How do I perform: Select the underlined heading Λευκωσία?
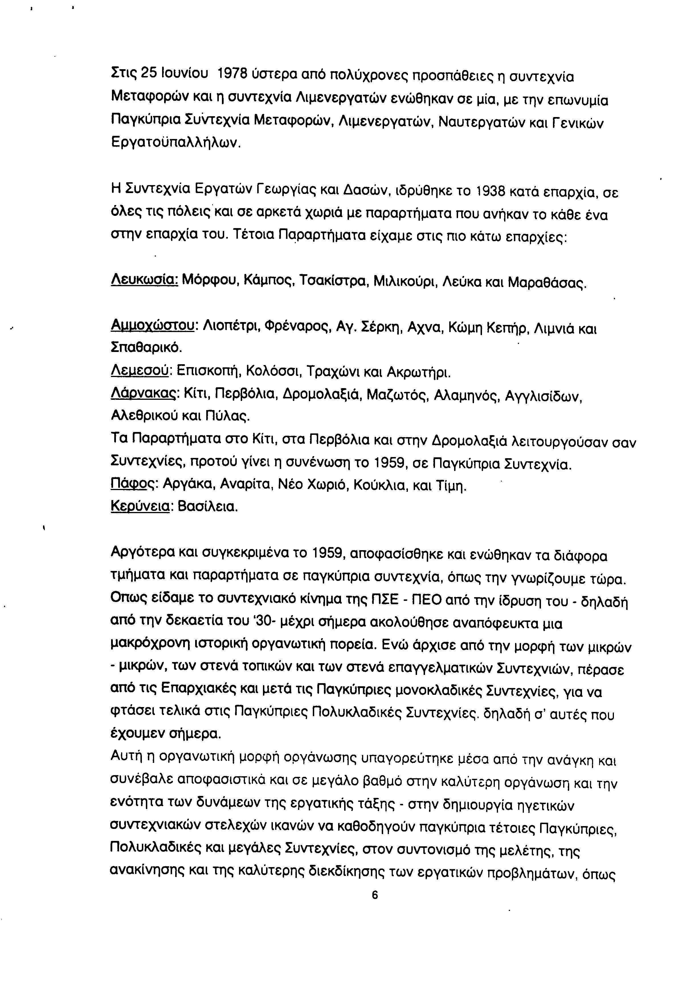pyautogui.click(x=144, y=281)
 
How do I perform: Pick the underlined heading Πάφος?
pyautogui.click(x=133, y=485)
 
